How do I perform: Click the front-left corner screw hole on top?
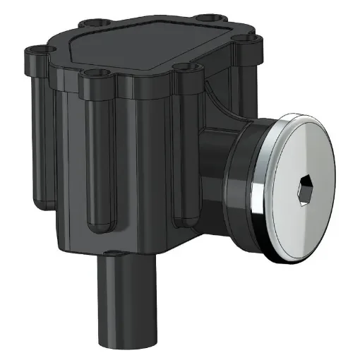tap(92, 73)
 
